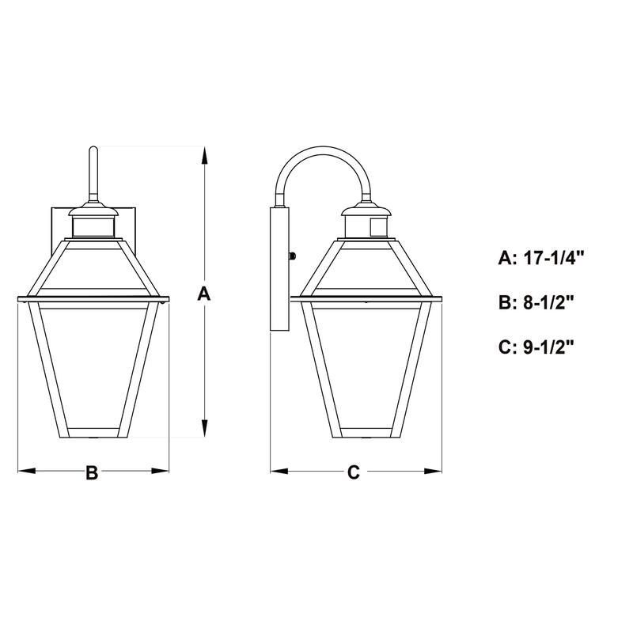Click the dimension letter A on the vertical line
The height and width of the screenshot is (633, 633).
(x=204, y=294)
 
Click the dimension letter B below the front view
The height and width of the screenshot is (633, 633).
(x=92, y=472)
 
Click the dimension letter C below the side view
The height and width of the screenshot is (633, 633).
(x=354, y=472)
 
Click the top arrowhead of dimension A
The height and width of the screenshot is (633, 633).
(x=205, y=154)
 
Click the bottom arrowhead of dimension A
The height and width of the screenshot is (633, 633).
(x=205, y=430)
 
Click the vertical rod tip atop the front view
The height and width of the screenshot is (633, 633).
(x=93, y=152)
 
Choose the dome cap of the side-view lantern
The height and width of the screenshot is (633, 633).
(x=367, y=210)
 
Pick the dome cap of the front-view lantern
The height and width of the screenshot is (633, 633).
(x=93, y=210)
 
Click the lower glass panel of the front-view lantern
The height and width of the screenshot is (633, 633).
(x=93, y=364)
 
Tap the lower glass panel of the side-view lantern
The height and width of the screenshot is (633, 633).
(x=366, y=364)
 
